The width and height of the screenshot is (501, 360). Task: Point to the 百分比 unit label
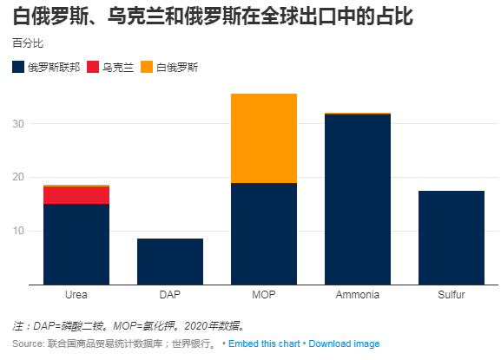click(28, 43)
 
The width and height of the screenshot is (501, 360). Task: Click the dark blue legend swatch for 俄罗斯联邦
click(18, 67)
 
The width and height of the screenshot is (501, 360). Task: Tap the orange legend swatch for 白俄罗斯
click(148, 67)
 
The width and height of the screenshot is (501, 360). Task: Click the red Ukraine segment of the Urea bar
click(76, 195)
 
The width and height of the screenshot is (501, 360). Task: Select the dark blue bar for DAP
click(170, 261)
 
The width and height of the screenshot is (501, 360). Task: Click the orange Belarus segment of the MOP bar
click(264, 138)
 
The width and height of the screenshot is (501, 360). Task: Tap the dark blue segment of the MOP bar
click(264, 233)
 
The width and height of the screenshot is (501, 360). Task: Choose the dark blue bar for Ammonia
click(358, 200)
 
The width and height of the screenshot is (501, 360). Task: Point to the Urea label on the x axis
click(76, 295)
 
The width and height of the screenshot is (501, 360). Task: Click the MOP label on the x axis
click(264, 295)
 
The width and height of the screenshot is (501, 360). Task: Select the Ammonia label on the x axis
click(358, 295)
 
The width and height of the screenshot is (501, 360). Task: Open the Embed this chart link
click(265, 344)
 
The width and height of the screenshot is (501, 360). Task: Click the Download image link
click(345, 344)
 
